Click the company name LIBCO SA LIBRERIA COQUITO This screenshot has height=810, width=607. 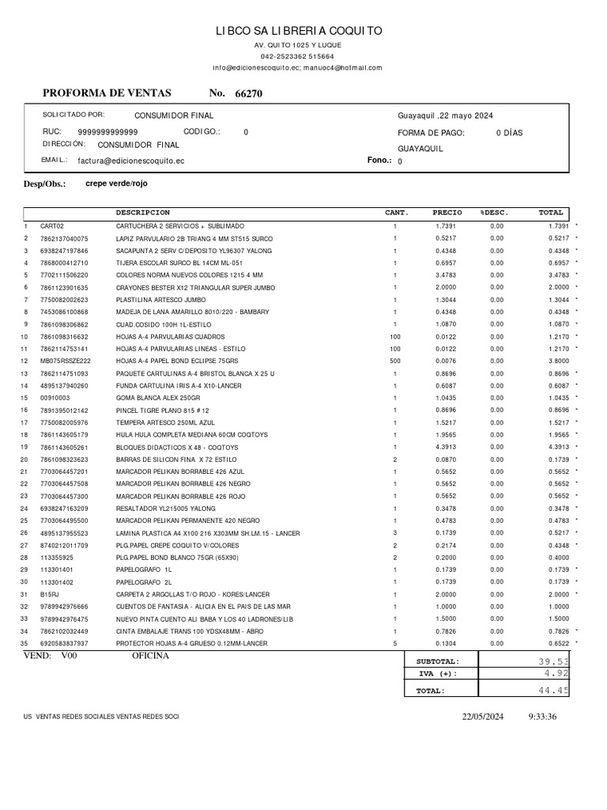pos(300,31)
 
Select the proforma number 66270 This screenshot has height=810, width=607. pos(249,93)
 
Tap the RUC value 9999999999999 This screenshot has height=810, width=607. pos(107,132)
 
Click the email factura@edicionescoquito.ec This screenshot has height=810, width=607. pos(131,161)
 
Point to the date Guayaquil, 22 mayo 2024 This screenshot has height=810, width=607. pos(445,115)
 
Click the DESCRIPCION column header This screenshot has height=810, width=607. pos(143,213)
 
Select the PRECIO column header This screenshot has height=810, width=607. pos(447,213)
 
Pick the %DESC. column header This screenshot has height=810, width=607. pos(495,213)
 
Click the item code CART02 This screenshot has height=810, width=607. pos(51,225)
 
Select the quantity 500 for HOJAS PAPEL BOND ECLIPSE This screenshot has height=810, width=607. pos(395,361)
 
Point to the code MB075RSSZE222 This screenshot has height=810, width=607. pos(66,361)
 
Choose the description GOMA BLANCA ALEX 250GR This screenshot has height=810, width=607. pos(154,397)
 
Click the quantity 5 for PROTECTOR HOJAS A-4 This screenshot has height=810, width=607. pos(395,643)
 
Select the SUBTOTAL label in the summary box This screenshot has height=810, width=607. pos(437,661)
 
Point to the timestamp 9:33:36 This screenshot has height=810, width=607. pos(542,717)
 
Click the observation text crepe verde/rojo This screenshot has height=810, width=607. pos(116,184)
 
